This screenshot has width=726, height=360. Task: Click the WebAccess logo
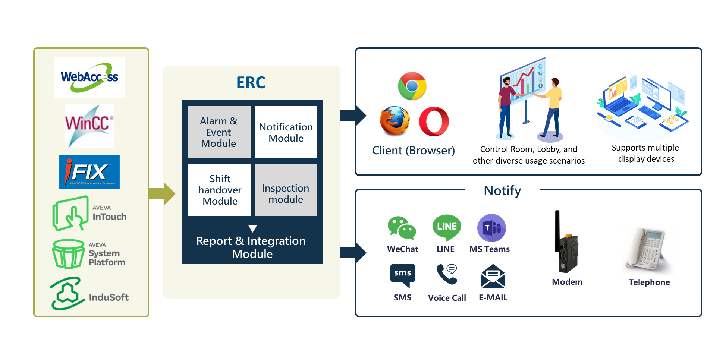point(89,78)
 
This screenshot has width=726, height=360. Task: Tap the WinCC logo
point(89,126)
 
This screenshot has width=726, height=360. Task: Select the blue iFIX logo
point(89,172)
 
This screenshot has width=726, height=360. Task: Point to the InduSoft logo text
point(109,297)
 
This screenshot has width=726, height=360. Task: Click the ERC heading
point(251,83)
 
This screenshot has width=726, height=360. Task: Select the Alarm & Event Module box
point(219,132)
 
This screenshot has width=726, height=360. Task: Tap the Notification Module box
point(286,132)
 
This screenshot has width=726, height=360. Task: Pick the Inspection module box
point(286,190)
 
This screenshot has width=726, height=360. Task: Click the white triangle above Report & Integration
point(252,228)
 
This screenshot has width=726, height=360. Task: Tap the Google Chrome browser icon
point(412,86)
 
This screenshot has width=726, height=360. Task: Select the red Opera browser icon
point(434,121)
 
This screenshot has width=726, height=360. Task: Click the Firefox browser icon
point(395,121)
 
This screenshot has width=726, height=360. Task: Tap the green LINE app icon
point(447,227)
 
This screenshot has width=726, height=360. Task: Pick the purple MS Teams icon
point(491,228)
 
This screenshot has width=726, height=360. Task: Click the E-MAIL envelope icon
point(493,277)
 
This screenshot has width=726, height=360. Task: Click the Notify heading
point(502,190)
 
